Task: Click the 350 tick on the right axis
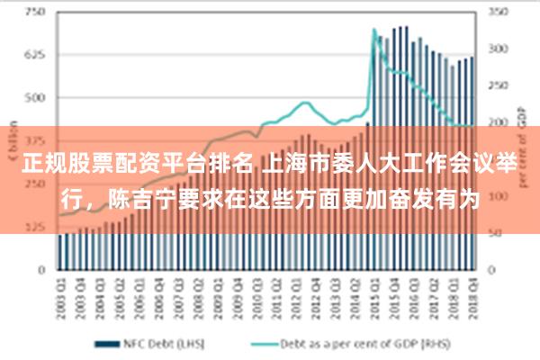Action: [498, 13]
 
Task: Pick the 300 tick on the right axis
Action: [498, 49]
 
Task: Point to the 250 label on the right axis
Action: [498, 85]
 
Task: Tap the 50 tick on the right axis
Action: [496, 232]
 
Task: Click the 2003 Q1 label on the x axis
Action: [60, 293]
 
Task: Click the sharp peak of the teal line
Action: [374, 30]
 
